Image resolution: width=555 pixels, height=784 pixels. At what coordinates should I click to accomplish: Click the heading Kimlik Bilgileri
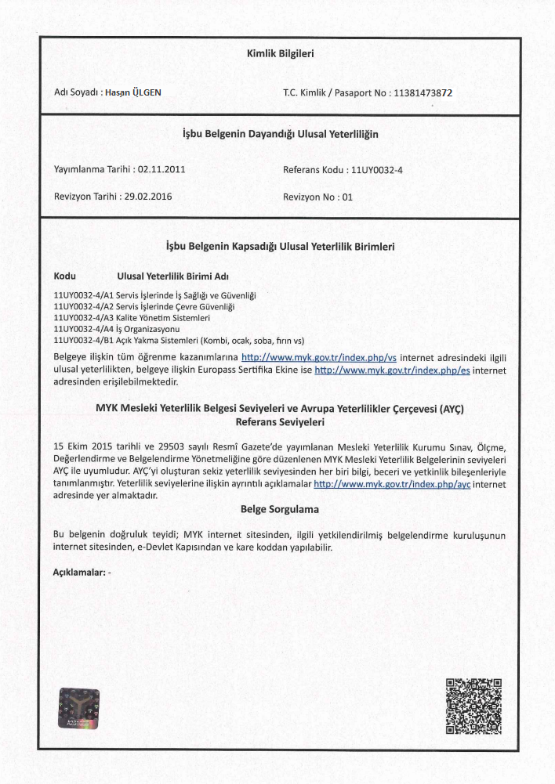click(x=280, y=54)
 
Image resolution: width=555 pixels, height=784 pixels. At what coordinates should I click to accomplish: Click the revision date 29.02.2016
click(x=147, y=197)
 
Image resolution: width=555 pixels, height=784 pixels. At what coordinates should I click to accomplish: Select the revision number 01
click(x=347, y=197)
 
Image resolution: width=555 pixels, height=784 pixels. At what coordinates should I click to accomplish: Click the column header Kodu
click(x=64, y=276)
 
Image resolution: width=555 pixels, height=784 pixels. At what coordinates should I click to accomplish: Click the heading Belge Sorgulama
click(x=279, y=510)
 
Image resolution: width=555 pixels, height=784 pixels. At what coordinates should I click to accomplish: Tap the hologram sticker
click(x=79, y=709)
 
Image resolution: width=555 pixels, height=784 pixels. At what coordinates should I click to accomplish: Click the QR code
click(x=473, y=706)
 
